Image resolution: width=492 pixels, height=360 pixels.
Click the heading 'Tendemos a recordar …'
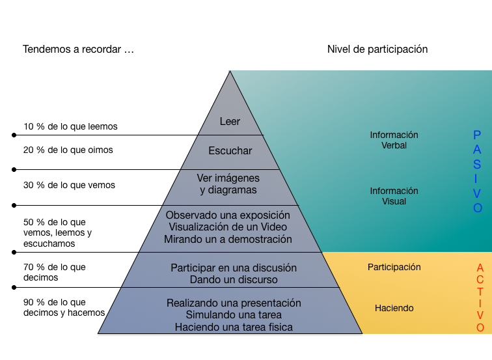78,49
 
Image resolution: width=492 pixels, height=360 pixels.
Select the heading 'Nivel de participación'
377,49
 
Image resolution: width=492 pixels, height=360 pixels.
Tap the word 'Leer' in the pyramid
230,122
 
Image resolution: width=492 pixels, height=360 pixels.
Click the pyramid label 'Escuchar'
230,151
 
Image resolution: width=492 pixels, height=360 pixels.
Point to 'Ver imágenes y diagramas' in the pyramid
228,184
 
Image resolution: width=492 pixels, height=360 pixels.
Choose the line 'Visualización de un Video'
228,227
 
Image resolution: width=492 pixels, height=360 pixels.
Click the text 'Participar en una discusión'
234,268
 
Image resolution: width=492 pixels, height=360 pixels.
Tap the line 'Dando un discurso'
234,280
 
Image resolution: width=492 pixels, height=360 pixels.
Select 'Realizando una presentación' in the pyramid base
234,303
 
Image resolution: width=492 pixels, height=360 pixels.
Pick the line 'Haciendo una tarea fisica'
234,327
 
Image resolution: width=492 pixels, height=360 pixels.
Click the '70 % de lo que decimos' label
54,272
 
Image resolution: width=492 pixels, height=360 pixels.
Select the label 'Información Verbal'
394,140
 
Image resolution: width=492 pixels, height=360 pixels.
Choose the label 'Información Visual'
394,196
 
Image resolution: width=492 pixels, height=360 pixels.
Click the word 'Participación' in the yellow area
394,267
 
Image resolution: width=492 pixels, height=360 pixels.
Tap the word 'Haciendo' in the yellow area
394,308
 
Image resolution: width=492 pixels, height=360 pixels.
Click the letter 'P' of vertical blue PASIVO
477,135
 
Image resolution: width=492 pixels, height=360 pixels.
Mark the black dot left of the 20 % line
14,170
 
